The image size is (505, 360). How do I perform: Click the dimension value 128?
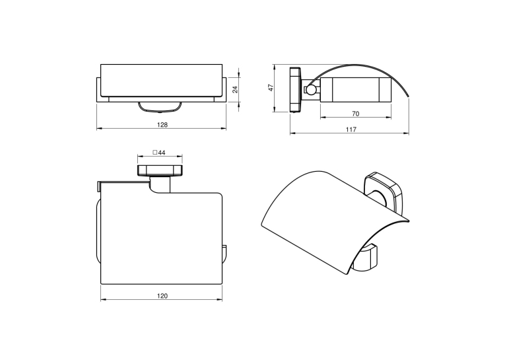click(x=162, y=125)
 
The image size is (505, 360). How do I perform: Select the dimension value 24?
click(x=236, y=89)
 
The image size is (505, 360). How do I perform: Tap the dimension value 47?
click(x=271, y=88)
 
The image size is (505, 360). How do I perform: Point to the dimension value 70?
click(x=356, y=114)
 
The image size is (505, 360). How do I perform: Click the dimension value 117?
click(x=351, y=129)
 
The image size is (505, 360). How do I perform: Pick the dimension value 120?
click(x=162, y=296)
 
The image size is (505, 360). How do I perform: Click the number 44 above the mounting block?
click(x=162, y=153)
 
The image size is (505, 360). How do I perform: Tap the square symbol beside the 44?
click(x=154, y=153)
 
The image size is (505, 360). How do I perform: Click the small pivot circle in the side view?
click(x=311, y=90)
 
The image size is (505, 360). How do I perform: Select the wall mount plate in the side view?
click(x=295, y=90)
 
